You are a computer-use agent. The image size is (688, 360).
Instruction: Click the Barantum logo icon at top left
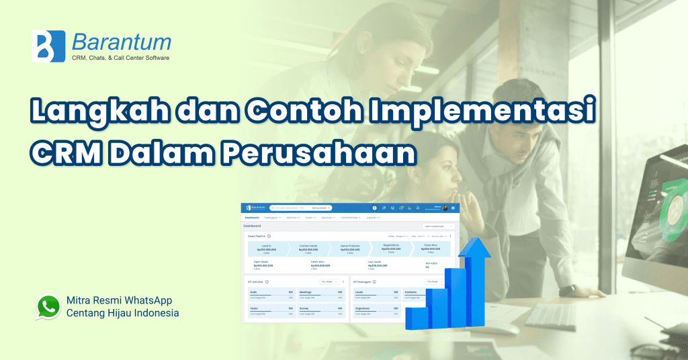(48, 46)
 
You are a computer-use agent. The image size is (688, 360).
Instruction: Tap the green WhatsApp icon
(48, 306)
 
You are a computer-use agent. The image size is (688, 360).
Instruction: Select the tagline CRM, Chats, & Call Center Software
(120, 58)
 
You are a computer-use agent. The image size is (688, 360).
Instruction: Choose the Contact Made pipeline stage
(308, 248)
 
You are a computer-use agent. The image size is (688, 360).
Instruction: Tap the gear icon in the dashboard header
(374, 208)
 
